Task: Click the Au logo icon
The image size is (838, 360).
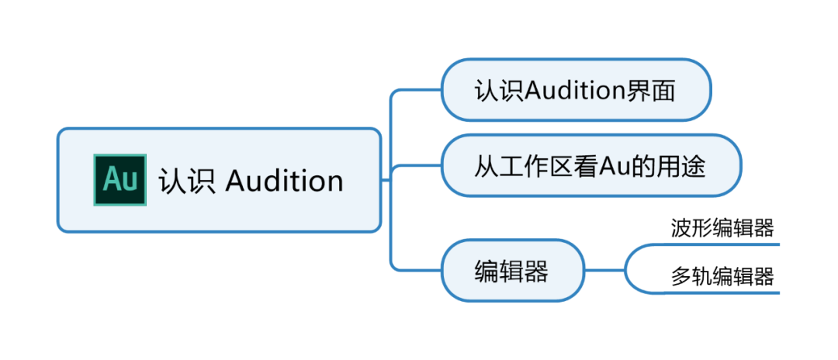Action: click(x=119, y=179)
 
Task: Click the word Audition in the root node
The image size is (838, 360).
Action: click(x=284, y=181)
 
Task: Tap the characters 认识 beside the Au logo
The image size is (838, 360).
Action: click(x=187, y=181)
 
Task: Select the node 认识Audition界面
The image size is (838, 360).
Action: click(x=575, y=90)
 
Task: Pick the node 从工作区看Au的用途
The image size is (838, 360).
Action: click(x=590, y=165)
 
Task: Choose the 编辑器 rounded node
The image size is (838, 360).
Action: click(x=512, y=271)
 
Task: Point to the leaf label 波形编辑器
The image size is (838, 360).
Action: click(x=722, y=228)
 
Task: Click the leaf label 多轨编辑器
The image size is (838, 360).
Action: click(x=722, y=276)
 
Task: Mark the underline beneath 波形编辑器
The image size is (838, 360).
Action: click(x=722, y=244)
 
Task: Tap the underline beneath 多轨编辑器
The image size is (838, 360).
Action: click(x=722, y=293)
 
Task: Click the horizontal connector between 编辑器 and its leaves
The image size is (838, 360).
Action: click(x=605, y=271)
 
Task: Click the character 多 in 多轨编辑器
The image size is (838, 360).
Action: click(x=680, y=276)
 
